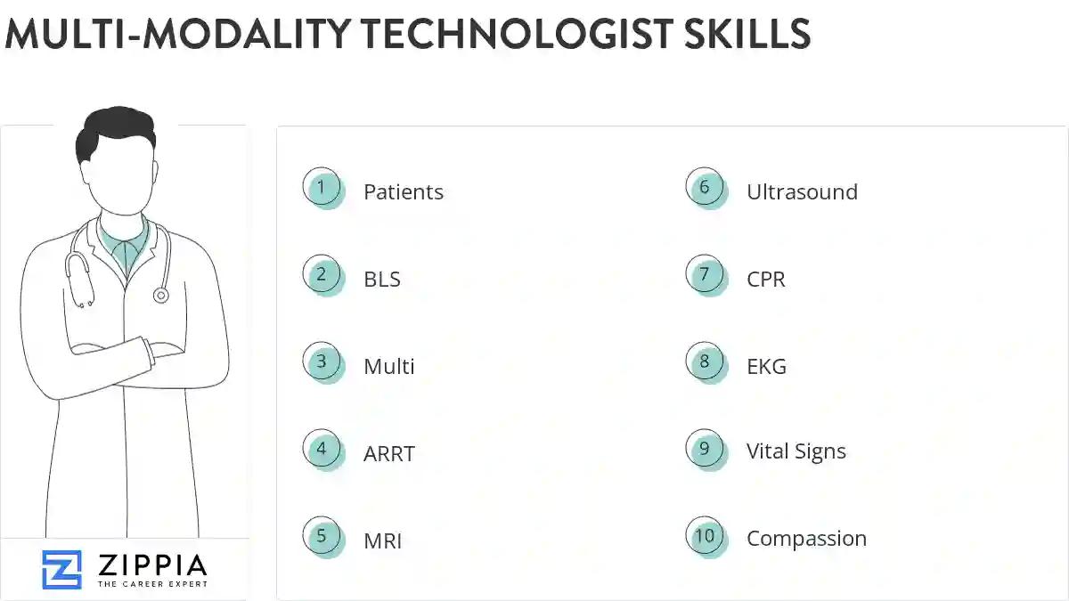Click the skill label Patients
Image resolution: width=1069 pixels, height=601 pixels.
point(403,192)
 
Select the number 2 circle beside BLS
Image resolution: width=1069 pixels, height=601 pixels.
point(322,275)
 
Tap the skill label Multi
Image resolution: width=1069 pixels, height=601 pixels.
point(388,367)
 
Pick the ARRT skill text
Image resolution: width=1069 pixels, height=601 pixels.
point(388,454)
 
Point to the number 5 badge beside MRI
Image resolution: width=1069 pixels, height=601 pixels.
point(322,537)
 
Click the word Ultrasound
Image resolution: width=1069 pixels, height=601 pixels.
point(802,192)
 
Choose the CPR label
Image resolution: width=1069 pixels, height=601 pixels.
point(766,280)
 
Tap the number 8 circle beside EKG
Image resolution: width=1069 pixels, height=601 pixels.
point(705,362)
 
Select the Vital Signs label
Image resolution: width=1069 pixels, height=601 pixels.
point(796,451)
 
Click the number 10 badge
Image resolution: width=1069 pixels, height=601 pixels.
point(705,537)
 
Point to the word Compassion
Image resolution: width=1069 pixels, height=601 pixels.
point(806,539)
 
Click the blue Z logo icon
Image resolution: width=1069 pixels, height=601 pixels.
point(61,570)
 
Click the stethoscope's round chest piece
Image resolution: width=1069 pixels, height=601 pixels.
point(160,295)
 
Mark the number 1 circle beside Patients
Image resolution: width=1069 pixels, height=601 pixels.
point(322,188)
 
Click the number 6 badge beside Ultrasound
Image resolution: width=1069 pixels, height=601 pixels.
point(705,188)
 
